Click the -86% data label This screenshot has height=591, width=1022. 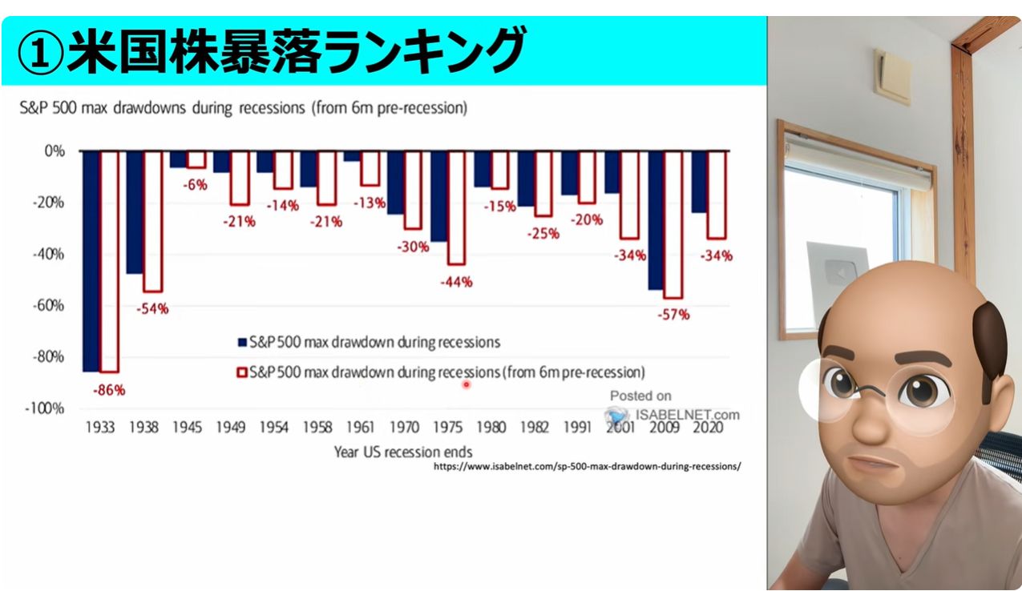click(x=108, y=391)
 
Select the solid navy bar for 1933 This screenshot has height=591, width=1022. click(x=91, y=261)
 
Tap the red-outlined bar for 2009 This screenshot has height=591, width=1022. click(x=673, y=225)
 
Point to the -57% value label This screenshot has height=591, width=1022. click(x=673, y=315)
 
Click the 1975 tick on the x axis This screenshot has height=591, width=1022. click(x=447, y=428)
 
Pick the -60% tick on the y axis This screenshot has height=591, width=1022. click(x=48, y=305)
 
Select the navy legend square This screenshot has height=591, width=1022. click(x=242, y=342)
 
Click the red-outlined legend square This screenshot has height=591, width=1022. click(x=242, y=372)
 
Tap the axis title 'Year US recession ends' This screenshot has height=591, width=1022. click(x=403, y=452)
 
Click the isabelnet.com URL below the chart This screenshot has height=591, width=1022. click(x=588, y=467)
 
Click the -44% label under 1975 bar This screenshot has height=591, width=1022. click(x=456, y=283)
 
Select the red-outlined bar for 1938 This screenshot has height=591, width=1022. click(x=152, y=222)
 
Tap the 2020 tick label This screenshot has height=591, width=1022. click(x=708, y=428)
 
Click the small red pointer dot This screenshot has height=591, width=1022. click(x=466, y=385)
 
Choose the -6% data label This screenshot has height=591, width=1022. click(x=195, y=185)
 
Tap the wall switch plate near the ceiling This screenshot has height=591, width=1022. click(x=892, y=76)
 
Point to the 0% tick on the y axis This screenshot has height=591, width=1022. click(x=55, y=151)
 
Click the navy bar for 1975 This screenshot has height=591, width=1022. click(x=439, y=196)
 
